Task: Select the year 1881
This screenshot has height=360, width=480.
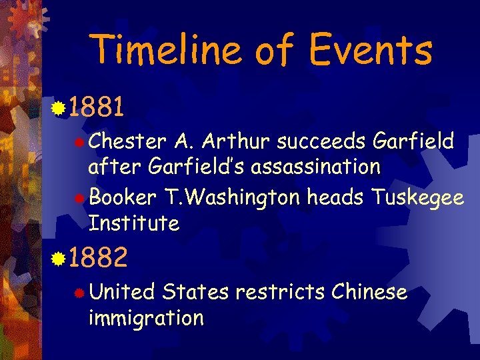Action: tap(97, 107)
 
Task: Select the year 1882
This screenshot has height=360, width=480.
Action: tap(97, 257)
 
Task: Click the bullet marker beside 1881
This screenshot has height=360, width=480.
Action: tap(59, 107)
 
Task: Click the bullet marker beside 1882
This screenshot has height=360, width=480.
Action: tap(59, 257)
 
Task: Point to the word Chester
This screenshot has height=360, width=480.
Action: tap(127, 141)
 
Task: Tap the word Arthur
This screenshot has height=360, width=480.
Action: tap(234, 141)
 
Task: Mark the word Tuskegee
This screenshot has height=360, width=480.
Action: tap(418, 198)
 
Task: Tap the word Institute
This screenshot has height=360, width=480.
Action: tap(134, 223)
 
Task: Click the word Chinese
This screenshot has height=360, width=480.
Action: tap(369, 292)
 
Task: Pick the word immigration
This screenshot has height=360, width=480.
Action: tap(146, 318)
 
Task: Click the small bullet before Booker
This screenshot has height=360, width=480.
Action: tap(80, 198)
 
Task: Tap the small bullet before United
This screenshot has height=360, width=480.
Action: tap(80, 293)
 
